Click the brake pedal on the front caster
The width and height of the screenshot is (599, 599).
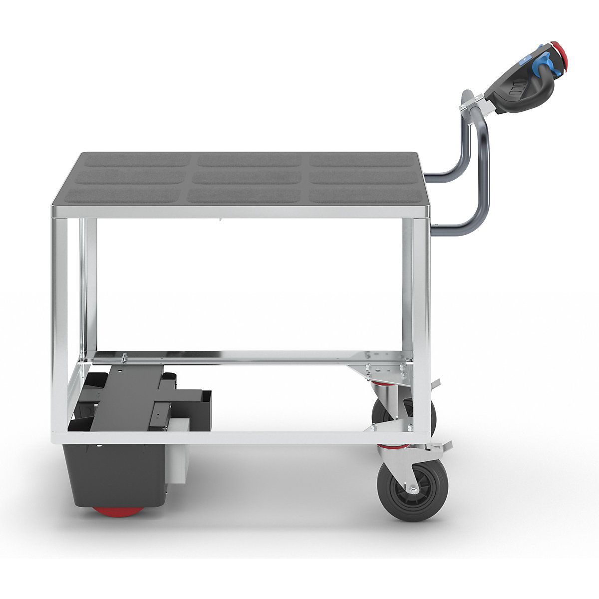pyautogui.click(x=442, y=445)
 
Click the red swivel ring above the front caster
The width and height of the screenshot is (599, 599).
pyautogui.click(x=387, y=446)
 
